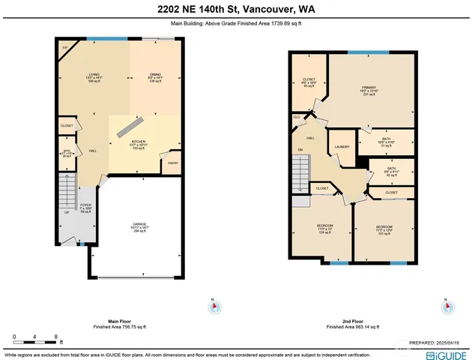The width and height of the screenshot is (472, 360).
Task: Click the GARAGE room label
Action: coord(136,227)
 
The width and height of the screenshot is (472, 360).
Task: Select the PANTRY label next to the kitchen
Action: coord(172,163)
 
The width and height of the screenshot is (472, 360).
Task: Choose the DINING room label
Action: coord(155,75)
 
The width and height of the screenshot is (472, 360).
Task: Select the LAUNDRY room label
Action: coord(342,146)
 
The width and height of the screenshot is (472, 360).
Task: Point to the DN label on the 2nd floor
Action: coord(300,149)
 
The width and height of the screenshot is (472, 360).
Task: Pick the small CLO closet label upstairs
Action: coord(297,117)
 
